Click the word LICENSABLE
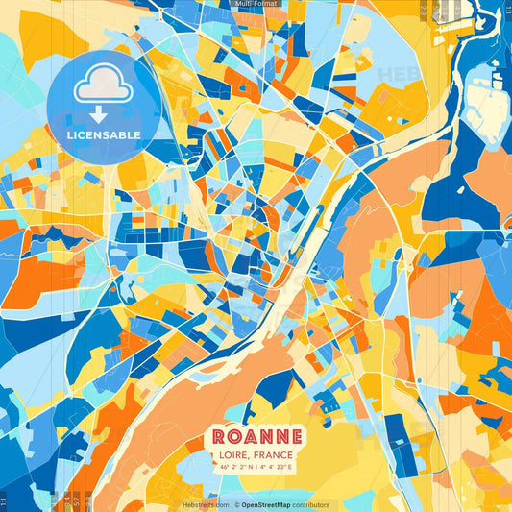click(104, 135)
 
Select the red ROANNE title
click(256, 436)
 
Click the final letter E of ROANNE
click(298, 436)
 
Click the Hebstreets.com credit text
click(206, 505)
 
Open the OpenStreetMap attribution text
click(268, 505)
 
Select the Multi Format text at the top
click(255, 4)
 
